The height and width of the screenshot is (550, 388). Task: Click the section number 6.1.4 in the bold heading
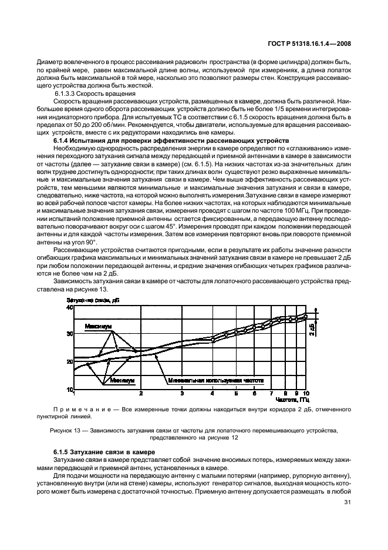[x=62, y=140]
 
